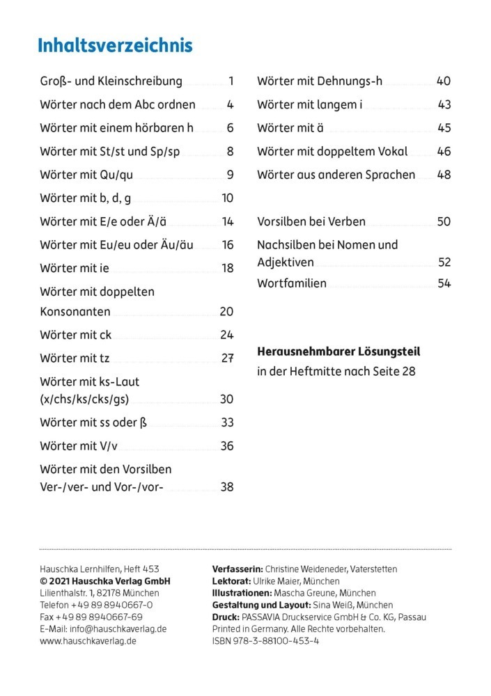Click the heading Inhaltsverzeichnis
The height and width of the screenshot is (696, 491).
coord(115,47)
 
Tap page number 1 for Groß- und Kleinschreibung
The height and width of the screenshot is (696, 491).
coord(231,81)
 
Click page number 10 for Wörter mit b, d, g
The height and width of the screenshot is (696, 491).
coord(227,198)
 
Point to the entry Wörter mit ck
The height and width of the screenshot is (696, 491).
coord(76,335)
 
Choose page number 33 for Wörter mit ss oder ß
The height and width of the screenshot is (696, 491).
coord(227,422)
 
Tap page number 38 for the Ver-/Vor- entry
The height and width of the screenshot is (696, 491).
coord(227,487)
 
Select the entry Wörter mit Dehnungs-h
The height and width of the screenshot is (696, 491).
coord(320,81)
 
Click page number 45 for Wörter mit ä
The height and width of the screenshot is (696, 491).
coord(444,128)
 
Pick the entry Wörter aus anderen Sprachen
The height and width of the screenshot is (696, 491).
coord(336,175)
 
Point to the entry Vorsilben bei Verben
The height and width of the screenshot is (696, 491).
coord(311,222)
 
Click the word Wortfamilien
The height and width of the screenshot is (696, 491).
coord(291,283)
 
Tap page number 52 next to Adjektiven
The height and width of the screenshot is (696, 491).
coord(444,262)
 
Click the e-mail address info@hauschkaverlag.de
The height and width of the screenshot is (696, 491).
coord(118,628)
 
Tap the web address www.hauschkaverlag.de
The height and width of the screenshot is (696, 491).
coord(88,640)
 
